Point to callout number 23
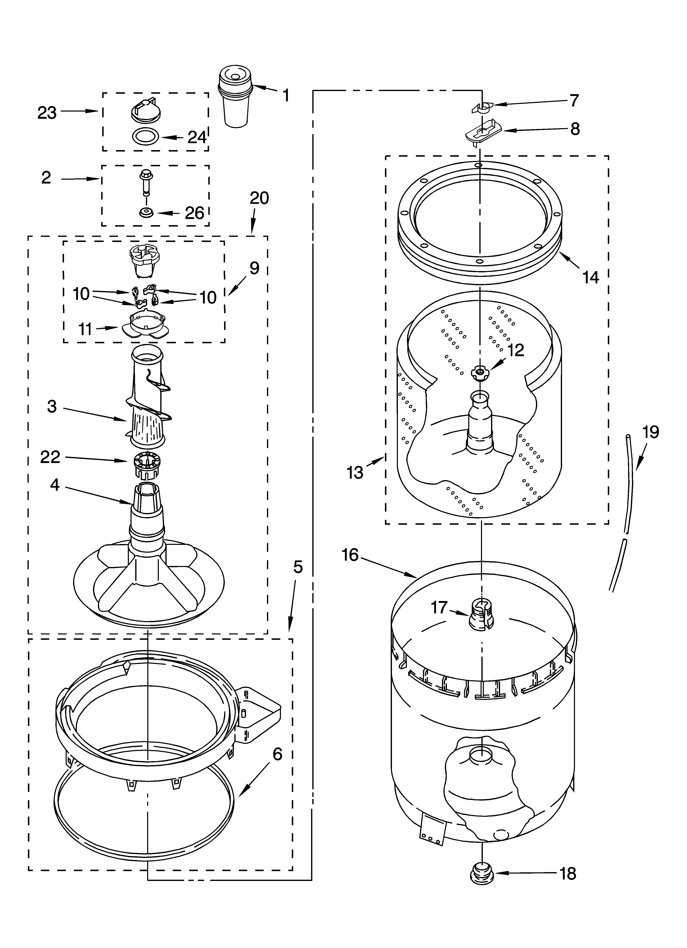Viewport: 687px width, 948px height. [47, 112]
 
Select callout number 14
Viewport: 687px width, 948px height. [591, 277]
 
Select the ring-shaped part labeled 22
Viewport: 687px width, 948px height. [147, 463]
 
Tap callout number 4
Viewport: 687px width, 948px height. [55, 485]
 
